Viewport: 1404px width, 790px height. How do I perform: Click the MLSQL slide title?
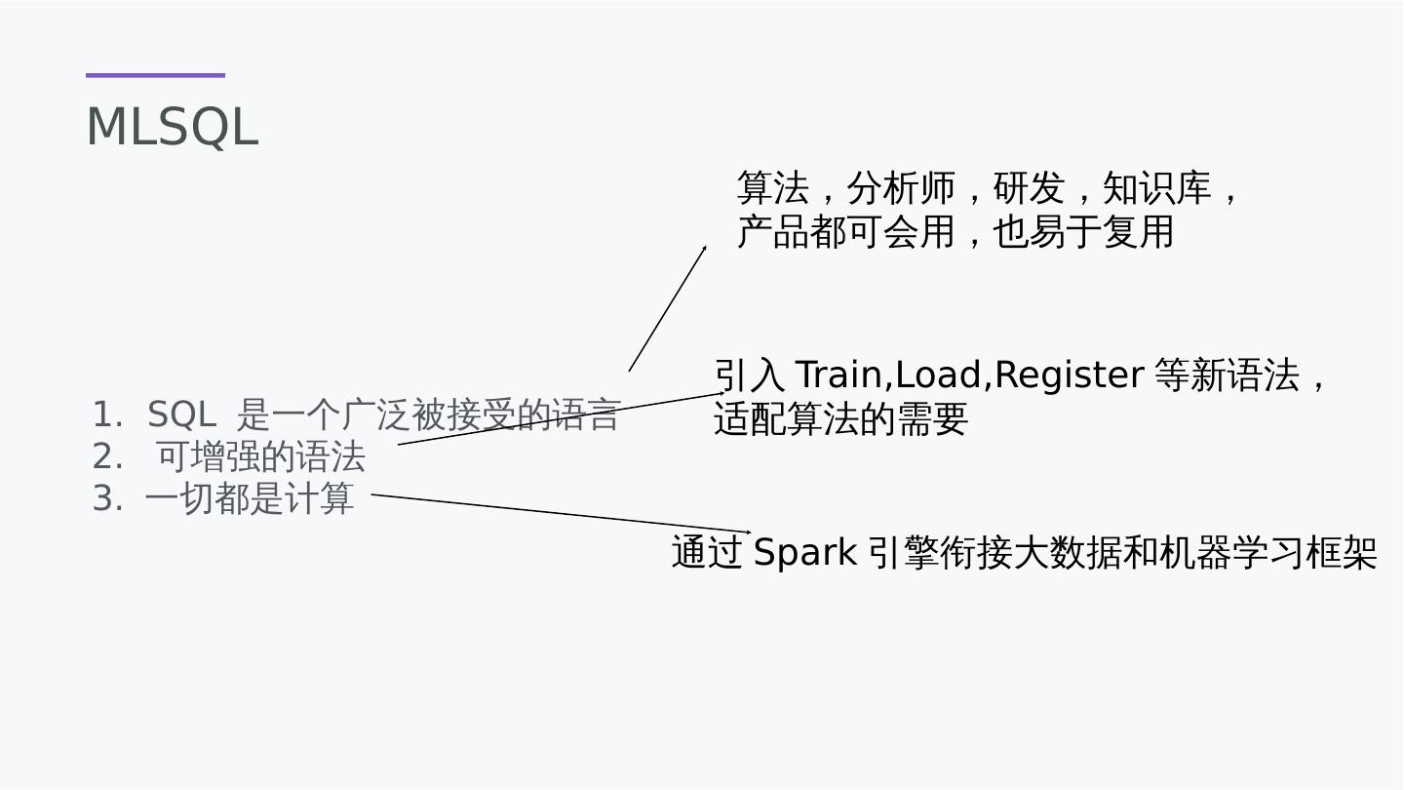(x=172, y=128)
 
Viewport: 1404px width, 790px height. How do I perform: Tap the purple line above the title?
(x=155, y=75)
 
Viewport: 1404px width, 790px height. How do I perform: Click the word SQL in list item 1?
(x=180, y=415)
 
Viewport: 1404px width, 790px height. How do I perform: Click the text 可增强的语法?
(x=260, y=456)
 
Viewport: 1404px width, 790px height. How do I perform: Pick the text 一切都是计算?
(x=249, y=499)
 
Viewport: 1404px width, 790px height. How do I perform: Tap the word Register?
(x=1069, y=375)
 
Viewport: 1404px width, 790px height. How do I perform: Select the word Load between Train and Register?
(x=938, y=375)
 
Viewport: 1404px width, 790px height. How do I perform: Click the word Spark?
(x=804, y=553)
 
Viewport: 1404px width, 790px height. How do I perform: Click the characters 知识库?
(x=1156, y=188)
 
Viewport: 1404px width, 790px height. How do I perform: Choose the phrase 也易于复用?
(x=1082, y=232)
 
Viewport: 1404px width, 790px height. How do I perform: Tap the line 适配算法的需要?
(x=840, y=419)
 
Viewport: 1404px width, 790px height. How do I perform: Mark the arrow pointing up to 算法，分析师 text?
(x=668, y=308)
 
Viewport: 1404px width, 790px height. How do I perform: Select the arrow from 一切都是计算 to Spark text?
(x=561, y=514)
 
